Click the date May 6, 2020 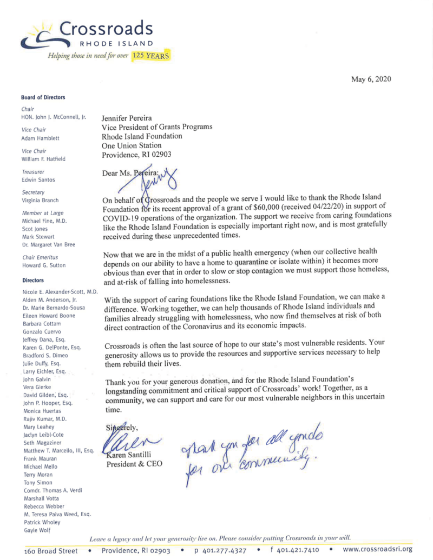click(371, 79)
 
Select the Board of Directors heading click(43, 97)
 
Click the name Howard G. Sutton click(44, 265)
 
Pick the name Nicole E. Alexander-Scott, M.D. click(60, 292)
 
